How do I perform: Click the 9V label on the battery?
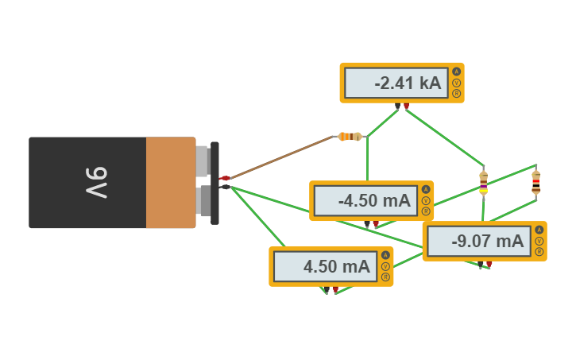pos(96,183)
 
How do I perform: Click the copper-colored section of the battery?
pos(170,183)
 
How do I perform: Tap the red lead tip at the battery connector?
pos(225,178)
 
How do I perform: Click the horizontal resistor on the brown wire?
pos(350,137)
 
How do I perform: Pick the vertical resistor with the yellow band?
pos(483,183)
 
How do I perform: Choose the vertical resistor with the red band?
pos(535,182)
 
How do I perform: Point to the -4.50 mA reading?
pos(363,201)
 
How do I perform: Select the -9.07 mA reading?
pos(476,242)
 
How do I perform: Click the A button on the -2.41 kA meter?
pos(456,72)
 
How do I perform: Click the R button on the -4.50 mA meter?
pos(426,212)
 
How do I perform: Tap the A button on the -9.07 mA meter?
pos(539,230)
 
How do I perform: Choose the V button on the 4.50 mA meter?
pos(385,266)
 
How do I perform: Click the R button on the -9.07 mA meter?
pos(539,252)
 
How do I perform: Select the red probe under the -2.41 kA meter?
pos(406,106)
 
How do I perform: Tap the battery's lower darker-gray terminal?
pos(205,201)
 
